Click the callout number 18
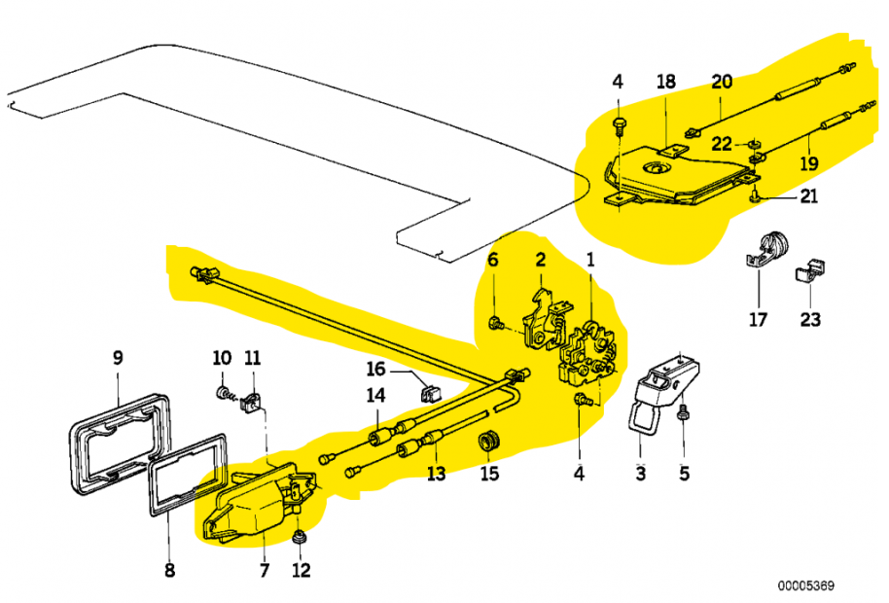(665, 82)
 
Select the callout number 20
(721, 82)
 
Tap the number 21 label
(809, 196)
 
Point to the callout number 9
(118, 358)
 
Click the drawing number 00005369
(805, 586)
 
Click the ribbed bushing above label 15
(490, 441)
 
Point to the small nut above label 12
(301, 537)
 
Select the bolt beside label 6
(495, 322)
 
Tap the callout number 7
(264, 570)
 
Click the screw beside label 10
(224, 393)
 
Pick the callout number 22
(721, 144)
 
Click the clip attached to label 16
(426, 393)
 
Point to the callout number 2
(540, 260)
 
